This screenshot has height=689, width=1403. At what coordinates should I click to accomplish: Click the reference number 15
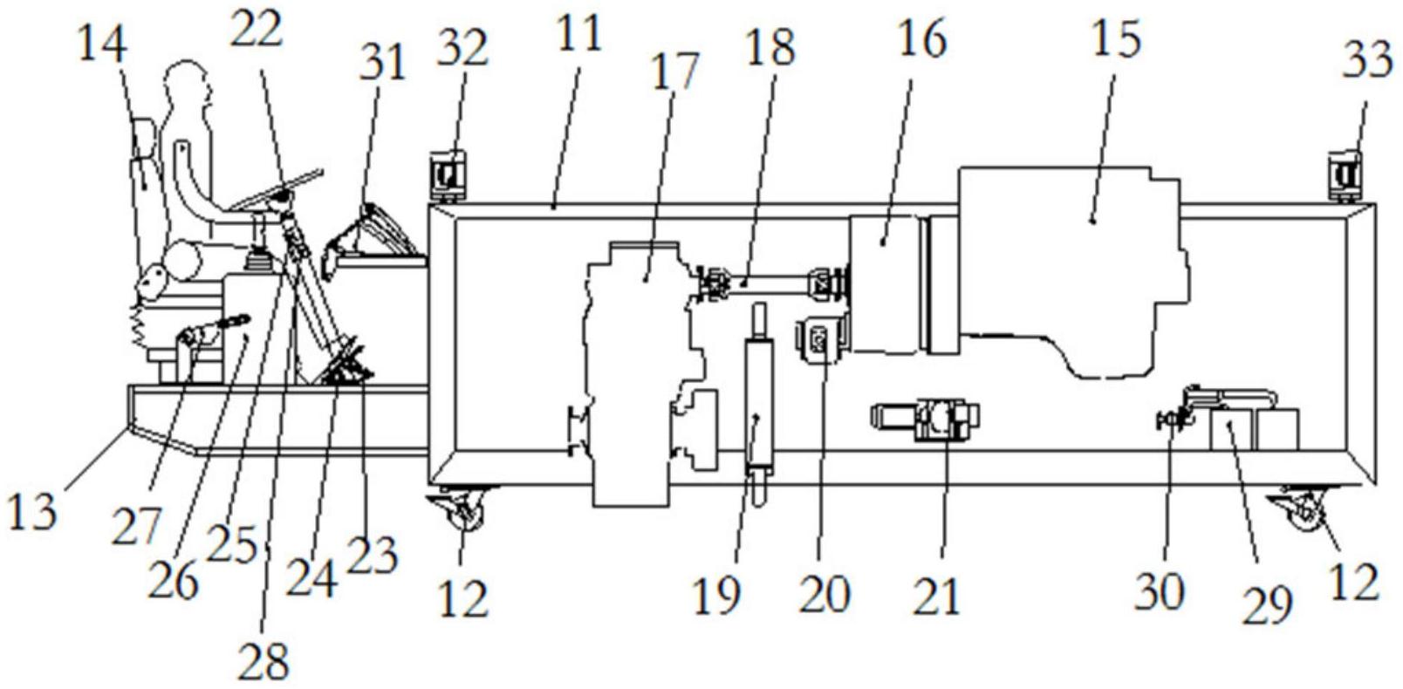[1117, 40]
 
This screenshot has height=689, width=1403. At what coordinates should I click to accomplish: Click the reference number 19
[716, 596]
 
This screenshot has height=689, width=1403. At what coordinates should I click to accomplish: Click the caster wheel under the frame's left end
[460, 511]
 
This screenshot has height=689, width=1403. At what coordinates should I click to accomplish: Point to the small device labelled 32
[450, 175]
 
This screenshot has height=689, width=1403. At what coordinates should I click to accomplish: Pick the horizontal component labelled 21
[927, 417]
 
